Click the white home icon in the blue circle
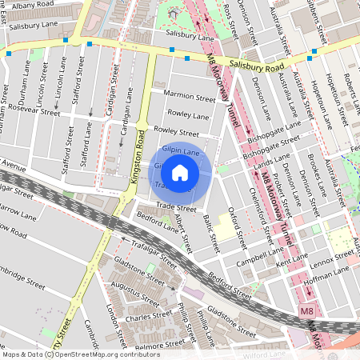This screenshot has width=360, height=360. pyautogui.click(x=180, y=171)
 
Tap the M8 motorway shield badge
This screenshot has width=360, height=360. pyautogui.click(x=307, y=310)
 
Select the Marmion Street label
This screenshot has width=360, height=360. pyautogui.click(x=189, y=98)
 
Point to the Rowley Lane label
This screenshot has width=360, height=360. pyautogui.click(x=189, y=116)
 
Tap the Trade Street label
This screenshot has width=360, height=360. pyautogui.click(x=176, y=207)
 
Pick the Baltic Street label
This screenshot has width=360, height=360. pyautogui.click(x=210, y=227)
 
